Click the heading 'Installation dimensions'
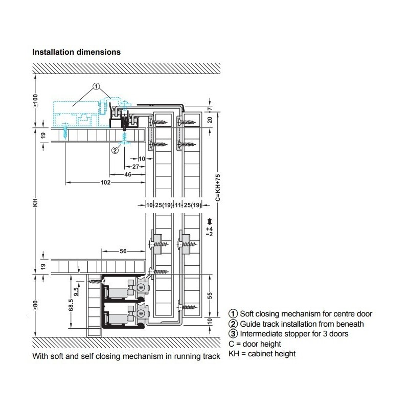point(76,52)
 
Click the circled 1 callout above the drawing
point(97,86)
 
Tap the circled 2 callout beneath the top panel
point(115,150)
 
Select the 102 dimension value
point(106,183)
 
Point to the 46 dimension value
point(128,174)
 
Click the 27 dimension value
point(135,167)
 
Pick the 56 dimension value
point(123,251)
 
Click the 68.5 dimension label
point(71,305)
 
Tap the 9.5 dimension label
point(76,291)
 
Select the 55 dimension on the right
point(210,296)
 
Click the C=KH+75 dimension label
point(218,188)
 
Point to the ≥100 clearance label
point(35,101)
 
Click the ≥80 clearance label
point(35,305)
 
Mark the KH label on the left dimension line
point(35,202)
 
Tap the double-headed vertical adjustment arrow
point(210,221)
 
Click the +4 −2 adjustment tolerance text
point(210,232)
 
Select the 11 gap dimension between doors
point(178,206)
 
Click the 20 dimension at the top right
point(210,120)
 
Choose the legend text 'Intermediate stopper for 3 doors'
point(294,334)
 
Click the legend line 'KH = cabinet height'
point(262,354)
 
